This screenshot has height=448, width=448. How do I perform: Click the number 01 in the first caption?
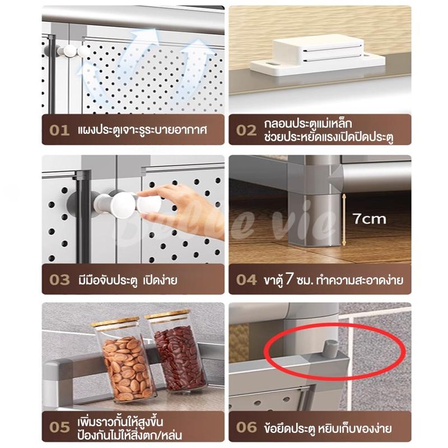(59, 130)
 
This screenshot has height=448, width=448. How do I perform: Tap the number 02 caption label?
(246, 130)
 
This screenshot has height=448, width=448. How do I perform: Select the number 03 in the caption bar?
(59, 279)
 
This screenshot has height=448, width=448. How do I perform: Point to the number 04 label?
(246, 279)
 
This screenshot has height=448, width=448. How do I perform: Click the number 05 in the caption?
(59, 427)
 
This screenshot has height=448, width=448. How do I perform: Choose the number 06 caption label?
(246, 427)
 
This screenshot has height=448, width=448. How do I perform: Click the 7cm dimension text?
(369, 219)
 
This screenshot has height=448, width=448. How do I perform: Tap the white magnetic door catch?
(318, 55)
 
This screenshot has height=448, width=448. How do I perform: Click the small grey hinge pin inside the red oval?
(330, 348)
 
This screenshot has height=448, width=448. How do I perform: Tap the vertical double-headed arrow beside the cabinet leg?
(344, 220)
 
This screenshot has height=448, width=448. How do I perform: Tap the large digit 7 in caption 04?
(290, 279)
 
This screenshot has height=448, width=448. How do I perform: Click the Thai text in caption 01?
(142, 130)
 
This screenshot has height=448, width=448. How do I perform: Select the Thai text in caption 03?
(128, 279)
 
